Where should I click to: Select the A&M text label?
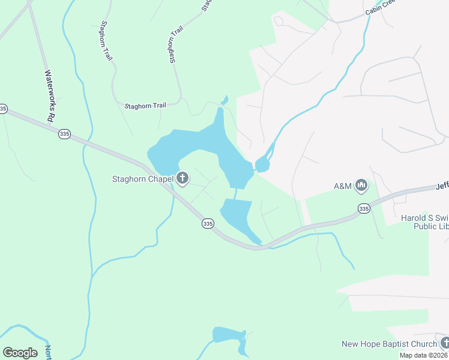point(342,186)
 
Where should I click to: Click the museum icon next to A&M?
point(361,186)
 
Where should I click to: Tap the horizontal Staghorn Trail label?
point(145,106)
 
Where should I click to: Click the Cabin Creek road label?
point(381,7)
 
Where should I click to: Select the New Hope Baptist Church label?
point(389,344)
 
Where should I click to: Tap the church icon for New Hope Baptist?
point(445,343)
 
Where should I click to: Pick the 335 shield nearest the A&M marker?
point(363,208)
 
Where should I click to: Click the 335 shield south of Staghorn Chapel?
point(208,223)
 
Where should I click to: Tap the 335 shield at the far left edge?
point(3,109)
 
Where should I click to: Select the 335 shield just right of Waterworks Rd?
point(64,134)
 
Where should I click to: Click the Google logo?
point(20,353)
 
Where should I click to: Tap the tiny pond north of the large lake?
point(224,101)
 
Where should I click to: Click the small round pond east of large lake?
point(262,165)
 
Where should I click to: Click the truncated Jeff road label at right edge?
point(442,186)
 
